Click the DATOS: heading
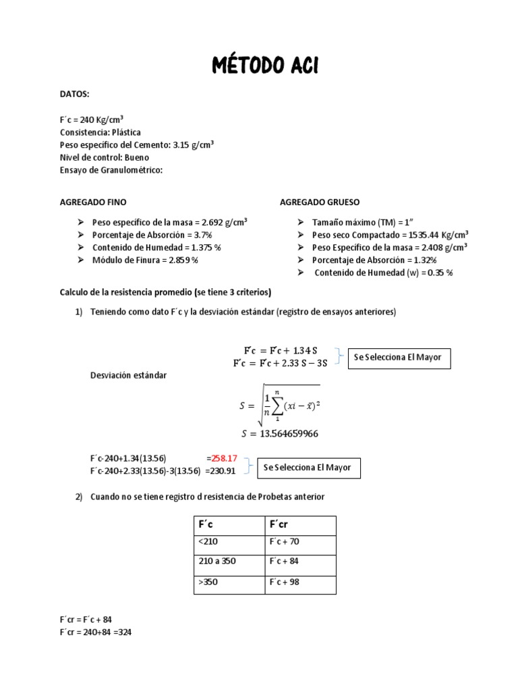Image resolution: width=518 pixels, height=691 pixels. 74,95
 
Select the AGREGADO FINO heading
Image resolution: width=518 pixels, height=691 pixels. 93,202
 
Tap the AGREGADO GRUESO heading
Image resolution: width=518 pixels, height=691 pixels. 320,202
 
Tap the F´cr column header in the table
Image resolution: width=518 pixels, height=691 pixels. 280,525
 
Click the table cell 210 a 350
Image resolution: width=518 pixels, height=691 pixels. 217,561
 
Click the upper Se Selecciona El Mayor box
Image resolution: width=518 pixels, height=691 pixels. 398,358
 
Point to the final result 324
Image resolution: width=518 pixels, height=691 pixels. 124,633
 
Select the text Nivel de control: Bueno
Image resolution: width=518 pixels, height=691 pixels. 105,157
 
